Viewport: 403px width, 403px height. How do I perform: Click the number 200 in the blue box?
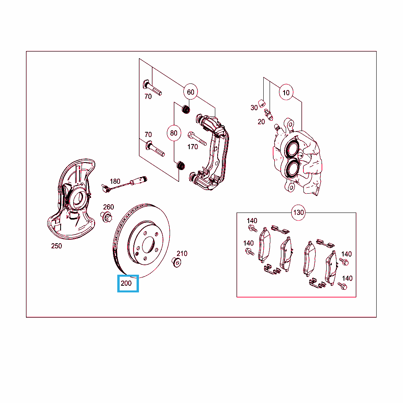point(126,283)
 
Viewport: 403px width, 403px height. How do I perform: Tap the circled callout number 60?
point(190,92)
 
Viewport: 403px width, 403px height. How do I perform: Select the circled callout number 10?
point(286,92)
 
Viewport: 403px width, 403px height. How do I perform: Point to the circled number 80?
point(174,133)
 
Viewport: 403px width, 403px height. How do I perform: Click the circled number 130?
point(298,213)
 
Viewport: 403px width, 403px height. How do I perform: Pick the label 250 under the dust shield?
point(57,246)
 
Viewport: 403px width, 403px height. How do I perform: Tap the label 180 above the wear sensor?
point(115,181)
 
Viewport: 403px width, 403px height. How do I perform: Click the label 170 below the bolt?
point(192,147)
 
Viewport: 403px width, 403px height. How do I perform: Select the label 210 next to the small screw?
point(182,253)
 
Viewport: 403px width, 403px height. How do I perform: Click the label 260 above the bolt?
point(109,207)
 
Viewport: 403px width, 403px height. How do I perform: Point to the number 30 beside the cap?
point(254,108)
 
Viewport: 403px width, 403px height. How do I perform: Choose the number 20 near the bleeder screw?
point(261,122)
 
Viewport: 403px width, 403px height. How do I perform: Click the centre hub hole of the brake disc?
point(148,245)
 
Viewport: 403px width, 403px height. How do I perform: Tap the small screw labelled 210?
point(176,262)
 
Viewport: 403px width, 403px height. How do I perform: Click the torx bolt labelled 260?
point(106,217)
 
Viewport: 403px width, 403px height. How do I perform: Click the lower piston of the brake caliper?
point(292,168)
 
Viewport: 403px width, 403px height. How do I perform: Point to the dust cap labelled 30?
point(262,104)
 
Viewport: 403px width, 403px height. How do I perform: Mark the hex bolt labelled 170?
point(197,139)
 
